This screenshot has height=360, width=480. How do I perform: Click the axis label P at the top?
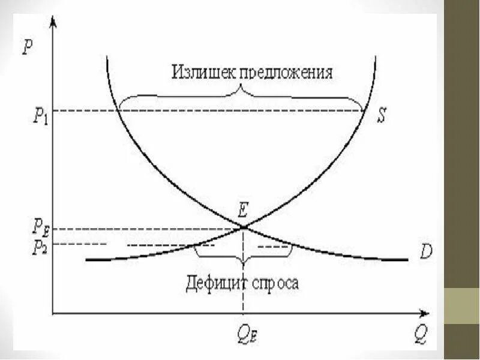click(28, 47)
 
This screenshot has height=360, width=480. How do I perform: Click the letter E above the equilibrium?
click(243, 211)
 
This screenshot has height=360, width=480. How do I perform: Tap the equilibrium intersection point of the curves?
click(243, 227)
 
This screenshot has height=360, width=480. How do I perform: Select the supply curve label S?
click(381, 116)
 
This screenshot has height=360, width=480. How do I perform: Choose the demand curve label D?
click(426, 252)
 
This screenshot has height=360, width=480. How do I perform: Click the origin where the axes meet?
click(53, 313)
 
